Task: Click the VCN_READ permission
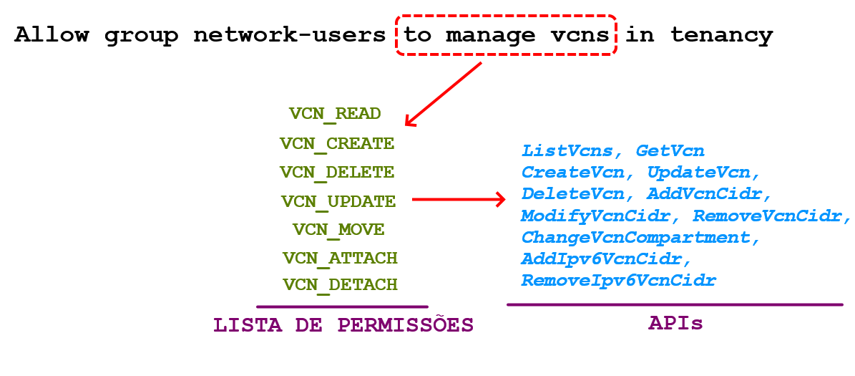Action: pyautogui.click(x=335, y=114)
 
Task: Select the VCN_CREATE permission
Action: pyautogui.click(x=336, y=144)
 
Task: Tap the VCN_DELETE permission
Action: pyautogui.click(x=336, y=173)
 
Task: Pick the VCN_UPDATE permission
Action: pyautogui.click(x=338, y=202)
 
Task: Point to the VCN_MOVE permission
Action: pyautogui.click(x=338, y=230)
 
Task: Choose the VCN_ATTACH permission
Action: pyautogui.click(x=340, y=258)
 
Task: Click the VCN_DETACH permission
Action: pyautogui.click(x=340, y=285)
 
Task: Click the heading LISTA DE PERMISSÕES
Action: pyautogui.click(x=343, y=325)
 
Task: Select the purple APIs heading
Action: pyautogui.click(x=675, y=323)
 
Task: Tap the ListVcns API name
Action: pyautogui.click(x=567, y=151)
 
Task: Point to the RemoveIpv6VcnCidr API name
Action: pyautogui.click(x=618, y=280)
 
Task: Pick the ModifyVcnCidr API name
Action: pyautogui.click(x=595, y=216)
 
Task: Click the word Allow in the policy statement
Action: pyautogui.click(x=52, y=35)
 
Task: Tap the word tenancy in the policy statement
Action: pyautogui.click(x=721, y=35)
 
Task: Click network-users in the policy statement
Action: pyautogui.click(x=289, y=35)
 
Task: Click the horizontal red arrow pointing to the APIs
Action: pyautogui.click(x=458, y=200)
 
